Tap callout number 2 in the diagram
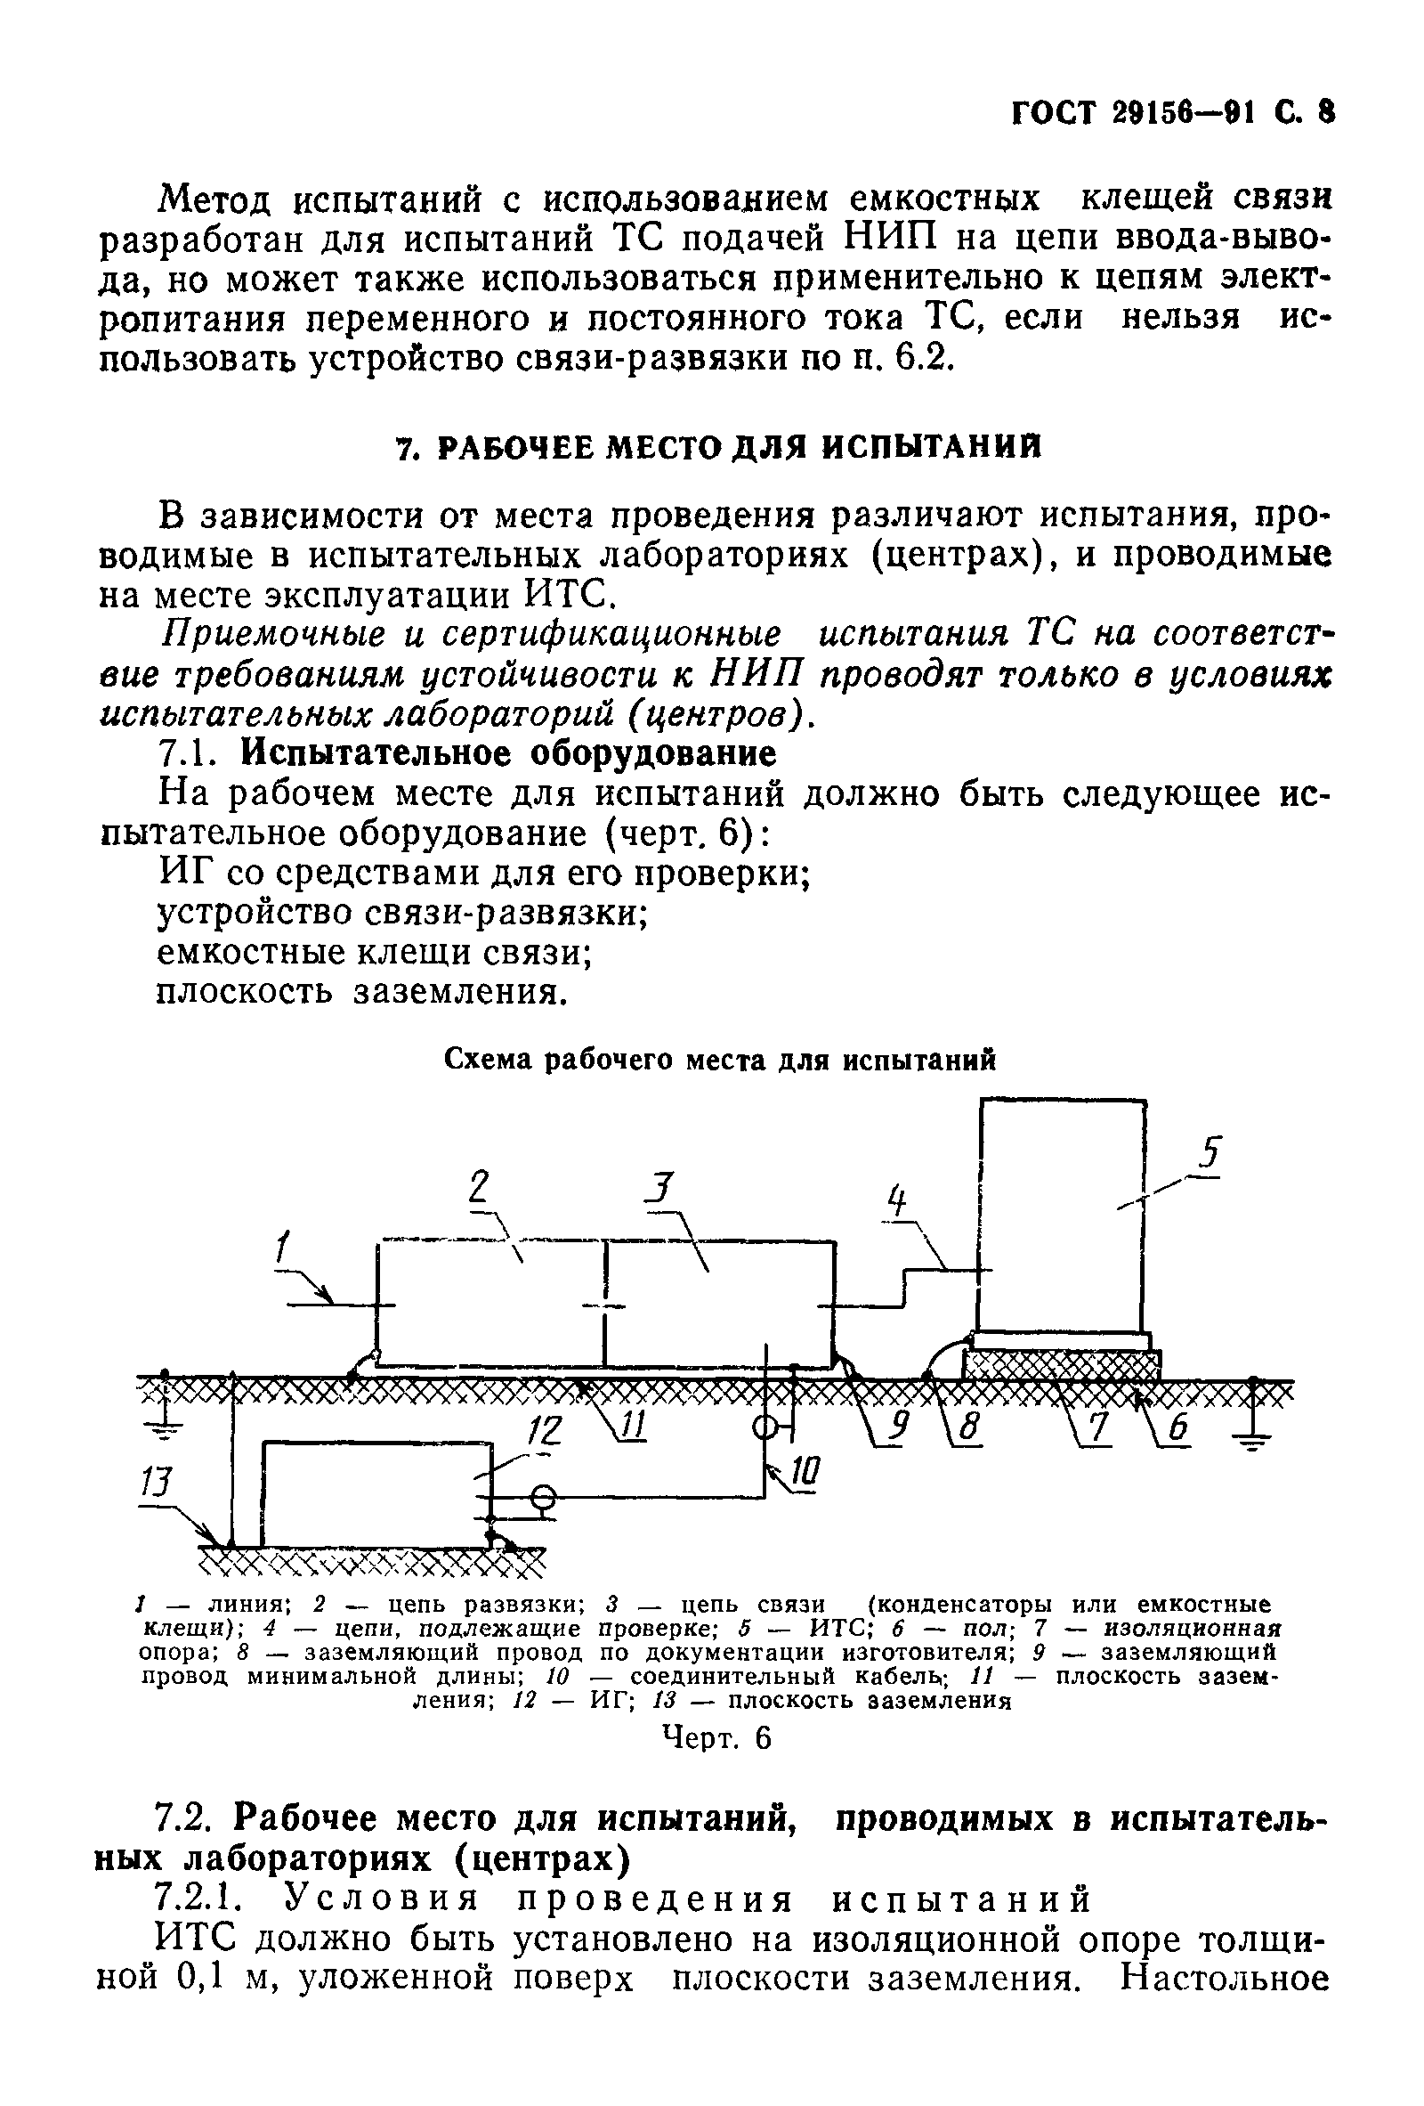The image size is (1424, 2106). click(479, 1186)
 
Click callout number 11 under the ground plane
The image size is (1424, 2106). click(632, 1428)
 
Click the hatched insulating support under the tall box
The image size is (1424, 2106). click(1061, 1365)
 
